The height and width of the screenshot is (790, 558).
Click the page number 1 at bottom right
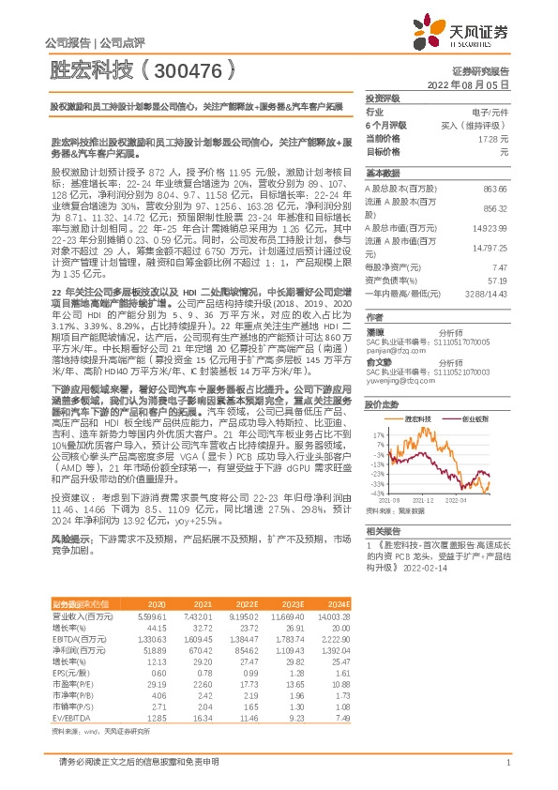coord(507,762)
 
